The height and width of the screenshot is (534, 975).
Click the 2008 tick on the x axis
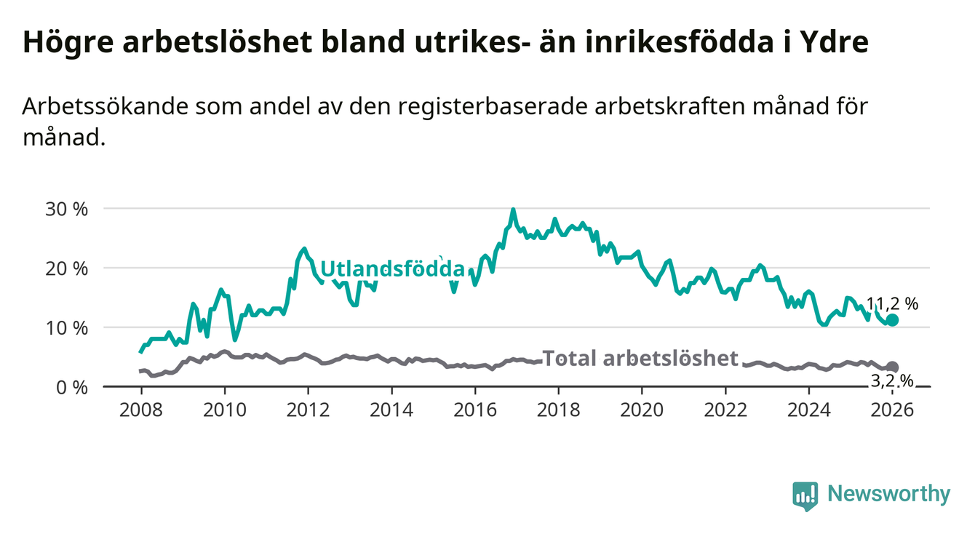coord(140,409)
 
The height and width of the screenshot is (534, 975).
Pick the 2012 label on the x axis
coord(308,409)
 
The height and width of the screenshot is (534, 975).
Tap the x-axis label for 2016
coord(475,409)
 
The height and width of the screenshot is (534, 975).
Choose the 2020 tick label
coord(642,409)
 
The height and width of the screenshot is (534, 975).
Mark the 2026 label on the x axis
coord(892,409)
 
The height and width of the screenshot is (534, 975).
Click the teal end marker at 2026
coord(893,320)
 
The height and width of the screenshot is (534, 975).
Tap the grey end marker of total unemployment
coord(893,367)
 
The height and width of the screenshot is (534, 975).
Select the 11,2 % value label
coord(892,304)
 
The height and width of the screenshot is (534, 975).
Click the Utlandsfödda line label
coord(392,268)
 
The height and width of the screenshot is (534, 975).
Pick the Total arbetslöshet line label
coord(640,358)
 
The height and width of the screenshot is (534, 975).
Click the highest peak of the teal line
coord(513,210)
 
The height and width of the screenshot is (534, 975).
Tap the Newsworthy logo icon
coord(805,495)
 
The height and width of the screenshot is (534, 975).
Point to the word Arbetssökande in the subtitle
coord(101,106)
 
